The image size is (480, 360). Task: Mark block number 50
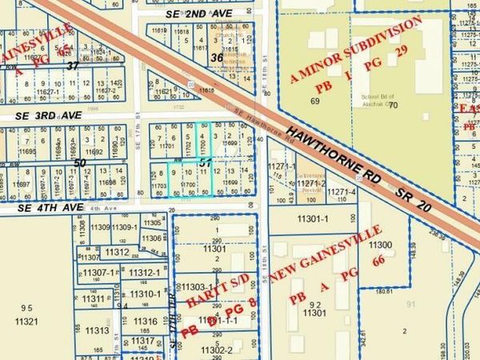pyautogui.click(x=79, y=162)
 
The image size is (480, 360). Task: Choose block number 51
pyautogui.click(x=206, y=162)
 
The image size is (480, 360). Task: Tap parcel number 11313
pyautogui.click(x=97, y=330)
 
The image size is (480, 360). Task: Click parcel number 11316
pyautogui.click(x=146, y=321)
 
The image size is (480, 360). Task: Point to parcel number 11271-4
pyautogui.click(x=342, y=193)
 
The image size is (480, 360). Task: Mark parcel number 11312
pyautogui.click(x=117, y=253)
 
